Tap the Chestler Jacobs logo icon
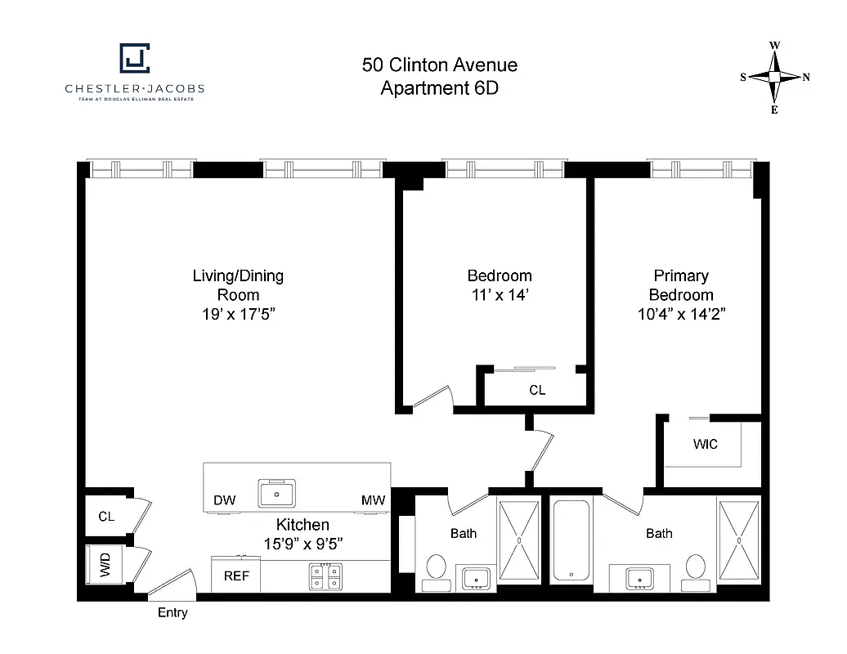coord(135,59)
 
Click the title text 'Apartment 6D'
coord(439,88)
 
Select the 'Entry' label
coord(172,612)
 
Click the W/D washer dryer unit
coord(105,564)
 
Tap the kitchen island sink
coord(277,493)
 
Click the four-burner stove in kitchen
coord(325,577)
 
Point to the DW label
coord(224,500)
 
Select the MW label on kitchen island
coord(373,500)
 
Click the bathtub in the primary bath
coord(571,540)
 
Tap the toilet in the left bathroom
coord(435,568)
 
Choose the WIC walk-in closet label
coord(705,444)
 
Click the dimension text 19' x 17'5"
coord(238,315)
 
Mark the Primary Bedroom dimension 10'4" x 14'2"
coord(681,315)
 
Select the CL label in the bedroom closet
coord(536,391)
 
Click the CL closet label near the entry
coord(106,516)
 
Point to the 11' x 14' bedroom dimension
coord(499,295)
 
